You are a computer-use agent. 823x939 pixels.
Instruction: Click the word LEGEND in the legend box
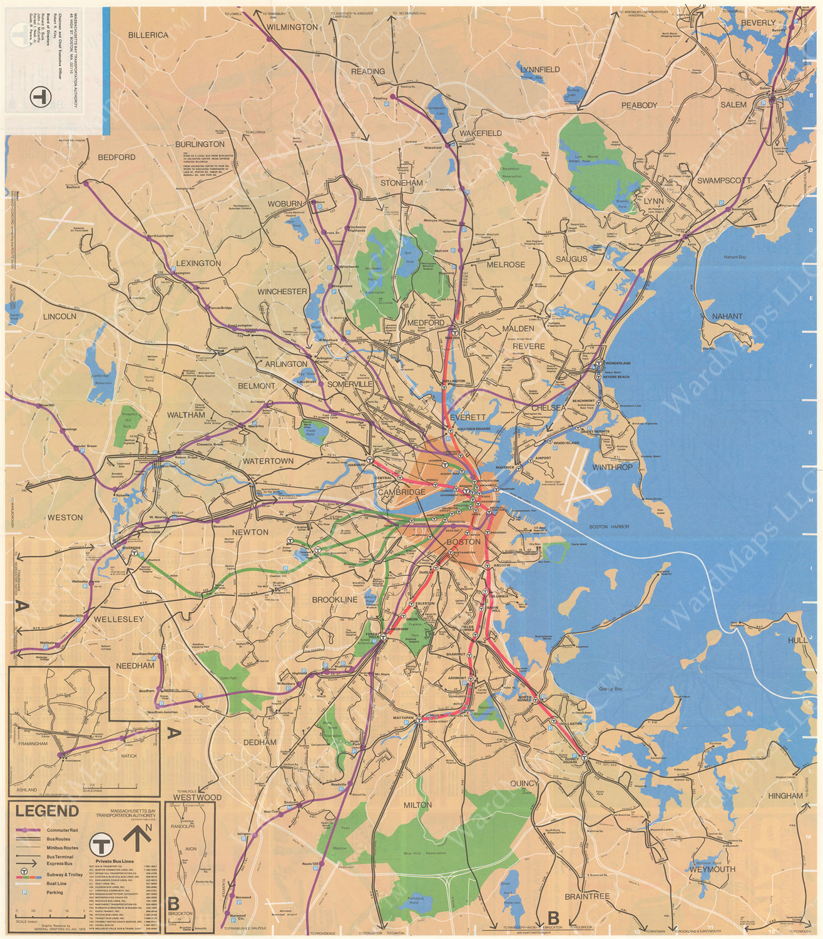pyautogui.click(x=48, y=811)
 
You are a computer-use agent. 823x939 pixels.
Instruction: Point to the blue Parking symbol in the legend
pyautogui.click(x=24, y=892)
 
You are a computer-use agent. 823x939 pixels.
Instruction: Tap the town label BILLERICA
pyautogui.click(x=148, y=35)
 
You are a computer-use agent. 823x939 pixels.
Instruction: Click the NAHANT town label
pyautogui.click(x=727, y=317)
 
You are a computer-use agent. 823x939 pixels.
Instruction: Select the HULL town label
pyautogui.click(x=797, y=640)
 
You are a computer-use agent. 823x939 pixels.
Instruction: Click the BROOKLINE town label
pyautogui.click(x=335, y=600)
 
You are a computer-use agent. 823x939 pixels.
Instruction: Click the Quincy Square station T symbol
pyautogui.click(x=584, y=758)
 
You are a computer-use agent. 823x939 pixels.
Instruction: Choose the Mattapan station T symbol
pyautogui.click(x=417, y=721)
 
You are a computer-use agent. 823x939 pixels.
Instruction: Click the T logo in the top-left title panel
pyautogui.click(x=39, y=96)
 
